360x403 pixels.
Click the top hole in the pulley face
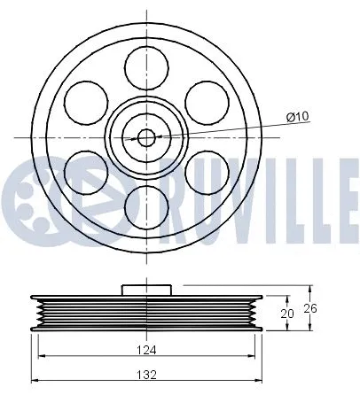[x=147, y=65]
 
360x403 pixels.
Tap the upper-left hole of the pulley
[x=85, y=101]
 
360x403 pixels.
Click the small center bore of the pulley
[x=147, y=136]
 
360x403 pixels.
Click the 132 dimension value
[x=147, y=376]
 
